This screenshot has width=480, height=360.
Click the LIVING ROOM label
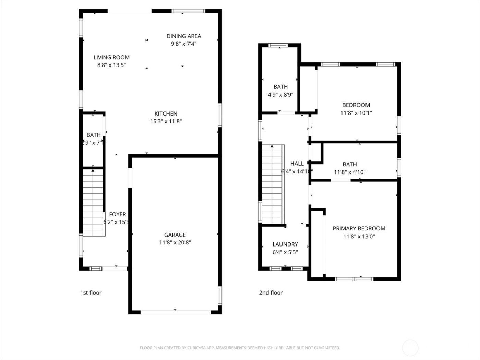[111, 57]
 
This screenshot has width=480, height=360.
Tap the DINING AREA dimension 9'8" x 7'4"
[183, 44]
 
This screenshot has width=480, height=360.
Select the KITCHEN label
[166, 113]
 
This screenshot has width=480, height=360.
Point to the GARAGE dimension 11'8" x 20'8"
[175, 243]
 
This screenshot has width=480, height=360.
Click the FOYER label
[117, 214]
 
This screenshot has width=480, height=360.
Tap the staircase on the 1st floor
[93, 202]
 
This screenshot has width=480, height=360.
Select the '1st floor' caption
[91, 292]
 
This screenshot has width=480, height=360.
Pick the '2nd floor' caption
[271, 292]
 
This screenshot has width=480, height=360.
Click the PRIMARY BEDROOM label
[359, 228]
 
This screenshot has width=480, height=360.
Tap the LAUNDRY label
[285, 244]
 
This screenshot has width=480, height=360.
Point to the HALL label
[297, 164]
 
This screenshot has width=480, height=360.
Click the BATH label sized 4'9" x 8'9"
[280, 87]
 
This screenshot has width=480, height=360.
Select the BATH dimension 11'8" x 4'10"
[349, 172]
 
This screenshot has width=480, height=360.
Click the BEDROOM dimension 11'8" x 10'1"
[356, 113]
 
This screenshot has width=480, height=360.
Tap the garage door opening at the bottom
[175, 312]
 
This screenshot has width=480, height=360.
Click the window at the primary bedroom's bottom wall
[354, 279]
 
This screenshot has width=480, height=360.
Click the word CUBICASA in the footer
[197, 348]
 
